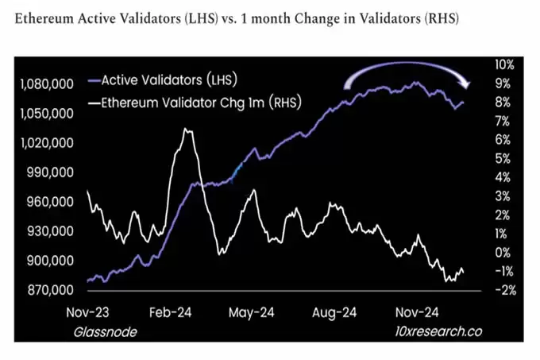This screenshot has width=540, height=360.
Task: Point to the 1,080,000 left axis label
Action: pos(46,84)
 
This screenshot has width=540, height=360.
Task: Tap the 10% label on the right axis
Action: pos(505,64)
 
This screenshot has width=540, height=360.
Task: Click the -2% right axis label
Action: pos(505,290)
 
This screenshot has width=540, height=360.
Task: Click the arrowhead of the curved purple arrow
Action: pos(468,85)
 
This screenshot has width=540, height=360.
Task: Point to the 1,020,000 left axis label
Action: pos(46,143)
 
